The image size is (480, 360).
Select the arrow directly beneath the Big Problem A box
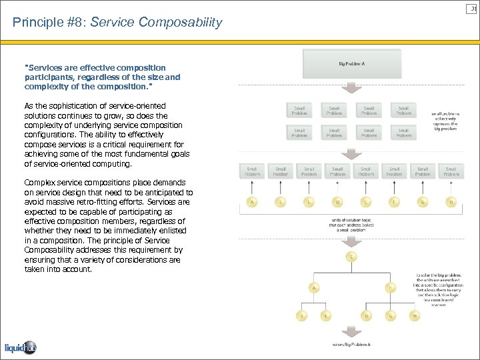click(351, 90)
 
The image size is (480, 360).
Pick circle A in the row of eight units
click(252, 201)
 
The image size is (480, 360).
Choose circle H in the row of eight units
click(451, 201)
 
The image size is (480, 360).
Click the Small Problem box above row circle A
click(252, 172)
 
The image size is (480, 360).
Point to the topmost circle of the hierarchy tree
click(351, 257)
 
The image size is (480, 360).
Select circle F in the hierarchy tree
click(391, 288)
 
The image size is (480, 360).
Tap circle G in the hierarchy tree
click(391, 315)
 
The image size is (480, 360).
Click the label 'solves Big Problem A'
click(351, 345)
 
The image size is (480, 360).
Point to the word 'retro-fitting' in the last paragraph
click(100, 202)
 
